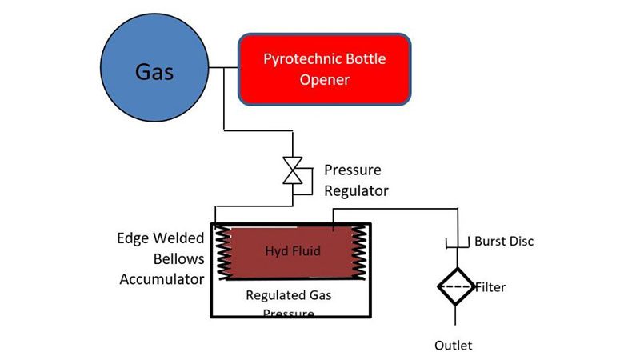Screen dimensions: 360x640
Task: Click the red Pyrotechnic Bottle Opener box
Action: pos(325,69)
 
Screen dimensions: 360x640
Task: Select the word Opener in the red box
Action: pos(325,80)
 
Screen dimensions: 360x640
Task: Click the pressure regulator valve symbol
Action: pos(294,170)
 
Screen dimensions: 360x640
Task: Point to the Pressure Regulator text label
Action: pos(356,181)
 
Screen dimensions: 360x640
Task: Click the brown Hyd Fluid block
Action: pos(292,252)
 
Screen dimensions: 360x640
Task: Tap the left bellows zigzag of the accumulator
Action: pos(220,252)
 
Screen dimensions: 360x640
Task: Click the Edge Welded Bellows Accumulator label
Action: pos(161,258)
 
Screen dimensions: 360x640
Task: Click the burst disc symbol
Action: pos(457,242)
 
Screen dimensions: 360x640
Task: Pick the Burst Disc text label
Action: pos(503,241)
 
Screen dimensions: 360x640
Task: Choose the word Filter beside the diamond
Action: pos(490,286)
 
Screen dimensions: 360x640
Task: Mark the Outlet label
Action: pos(454,346)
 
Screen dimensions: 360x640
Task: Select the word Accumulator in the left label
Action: pos(162,278)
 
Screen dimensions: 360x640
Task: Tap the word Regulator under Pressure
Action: pos(356,191)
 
